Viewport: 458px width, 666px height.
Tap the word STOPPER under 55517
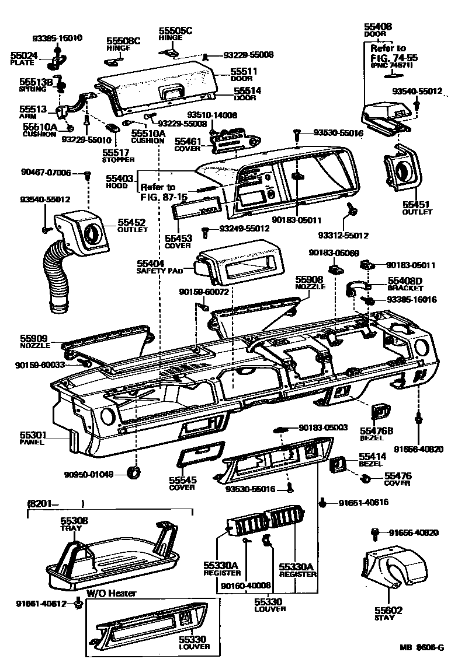(x=118, y=159)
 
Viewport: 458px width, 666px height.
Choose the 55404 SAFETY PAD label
(x=159, y=268)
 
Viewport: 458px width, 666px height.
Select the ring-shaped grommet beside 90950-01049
(x=136, y=471)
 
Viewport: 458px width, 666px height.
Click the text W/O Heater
(x=112, y=594)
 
